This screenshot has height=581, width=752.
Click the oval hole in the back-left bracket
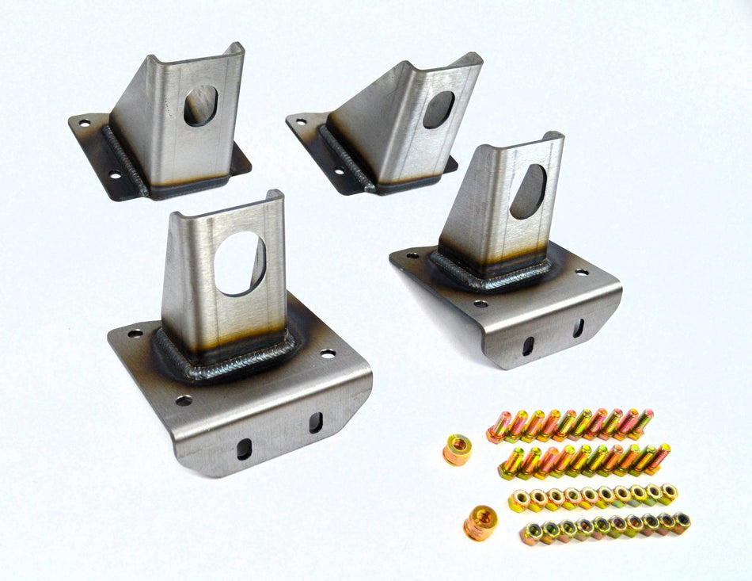tap(201, 105)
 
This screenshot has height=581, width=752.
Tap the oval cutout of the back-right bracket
tap(439, 109)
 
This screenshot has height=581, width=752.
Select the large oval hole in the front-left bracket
tap(240, 264)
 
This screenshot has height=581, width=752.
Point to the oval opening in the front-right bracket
tap(528, 191)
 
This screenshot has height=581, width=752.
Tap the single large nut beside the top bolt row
tap(457, 449)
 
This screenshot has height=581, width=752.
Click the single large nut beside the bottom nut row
tap(479, 524)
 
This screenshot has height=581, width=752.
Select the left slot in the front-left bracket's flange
tap(244, 449)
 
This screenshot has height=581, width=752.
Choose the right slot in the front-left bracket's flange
tap(316, 422)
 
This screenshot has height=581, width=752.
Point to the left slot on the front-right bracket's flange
tap(527, 346)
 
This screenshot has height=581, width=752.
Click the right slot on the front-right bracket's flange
tap(579, 328)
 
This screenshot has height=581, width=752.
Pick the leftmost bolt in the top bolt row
tap(499, 428)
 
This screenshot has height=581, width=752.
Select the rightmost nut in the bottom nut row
tap(681, 521)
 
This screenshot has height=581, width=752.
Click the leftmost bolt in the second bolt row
tap(511, 464)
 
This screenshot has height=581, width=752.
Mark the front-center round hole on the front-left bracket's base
tap(184, 400)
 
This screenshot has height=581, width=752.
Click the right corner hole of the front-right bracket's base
tap(582, 272)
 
